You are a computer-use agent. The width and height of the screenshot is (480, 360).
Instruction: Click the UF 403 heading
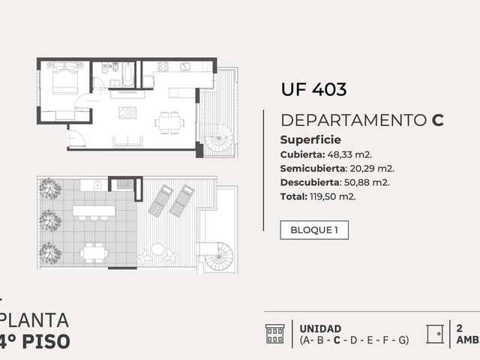click(313, 89)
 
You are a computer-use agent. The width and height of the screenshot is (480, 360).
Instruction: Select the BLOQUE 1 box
click(314, 230)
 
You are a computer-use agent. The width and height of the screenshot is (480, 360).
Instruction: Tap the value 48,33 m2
click(349, 154)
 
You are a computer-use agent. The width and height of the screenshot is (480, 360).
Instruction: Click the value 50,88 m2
click(367, 183)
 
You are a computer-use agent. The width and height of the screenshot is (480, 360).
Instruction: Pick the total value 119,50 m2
click(333, 196)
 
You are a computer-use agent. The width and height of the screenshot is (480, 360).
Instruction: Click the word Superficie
click(310, 140)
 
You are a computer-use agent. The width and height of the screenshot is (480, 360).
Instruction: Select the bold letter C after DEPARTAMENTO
click(438, 120)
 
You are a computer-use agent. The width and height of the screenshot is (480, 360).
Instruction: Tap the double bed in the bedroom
click(65, 78)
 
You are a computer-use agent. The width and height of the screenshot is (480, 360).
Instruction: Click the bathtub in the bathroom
click(128, 74)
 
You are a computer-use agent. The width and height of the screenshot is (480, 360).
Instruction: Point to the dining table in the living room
click(169, 123)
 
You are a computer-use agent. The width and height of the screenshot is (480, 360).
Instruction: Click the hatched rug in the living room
click(127, 112)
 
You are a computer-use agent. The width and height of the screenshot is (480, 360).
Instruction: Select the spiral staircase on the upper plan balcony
click(218, 138)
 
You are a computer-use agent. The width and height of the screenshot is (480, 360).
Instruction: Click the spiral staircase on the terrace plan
click(218, 256)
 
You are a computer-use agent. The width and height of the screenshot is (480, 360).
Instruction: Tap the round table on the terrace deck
click(157, 249)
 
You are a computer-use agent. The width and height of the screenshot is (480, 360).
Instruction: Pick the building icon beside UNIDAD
click(274, 334)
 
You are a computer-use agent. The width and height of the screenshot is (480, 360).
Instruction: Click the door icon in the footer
click(435, 334)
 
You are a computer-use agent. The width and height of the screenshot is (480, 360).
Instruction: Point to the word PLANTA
click(34, 320)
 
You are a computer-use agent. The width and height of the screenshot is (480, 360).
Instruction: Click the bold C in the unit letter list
click(337, 340)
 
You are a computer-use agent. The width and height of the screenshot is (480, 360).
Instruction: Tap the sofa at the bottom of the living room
click(127, 142)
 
